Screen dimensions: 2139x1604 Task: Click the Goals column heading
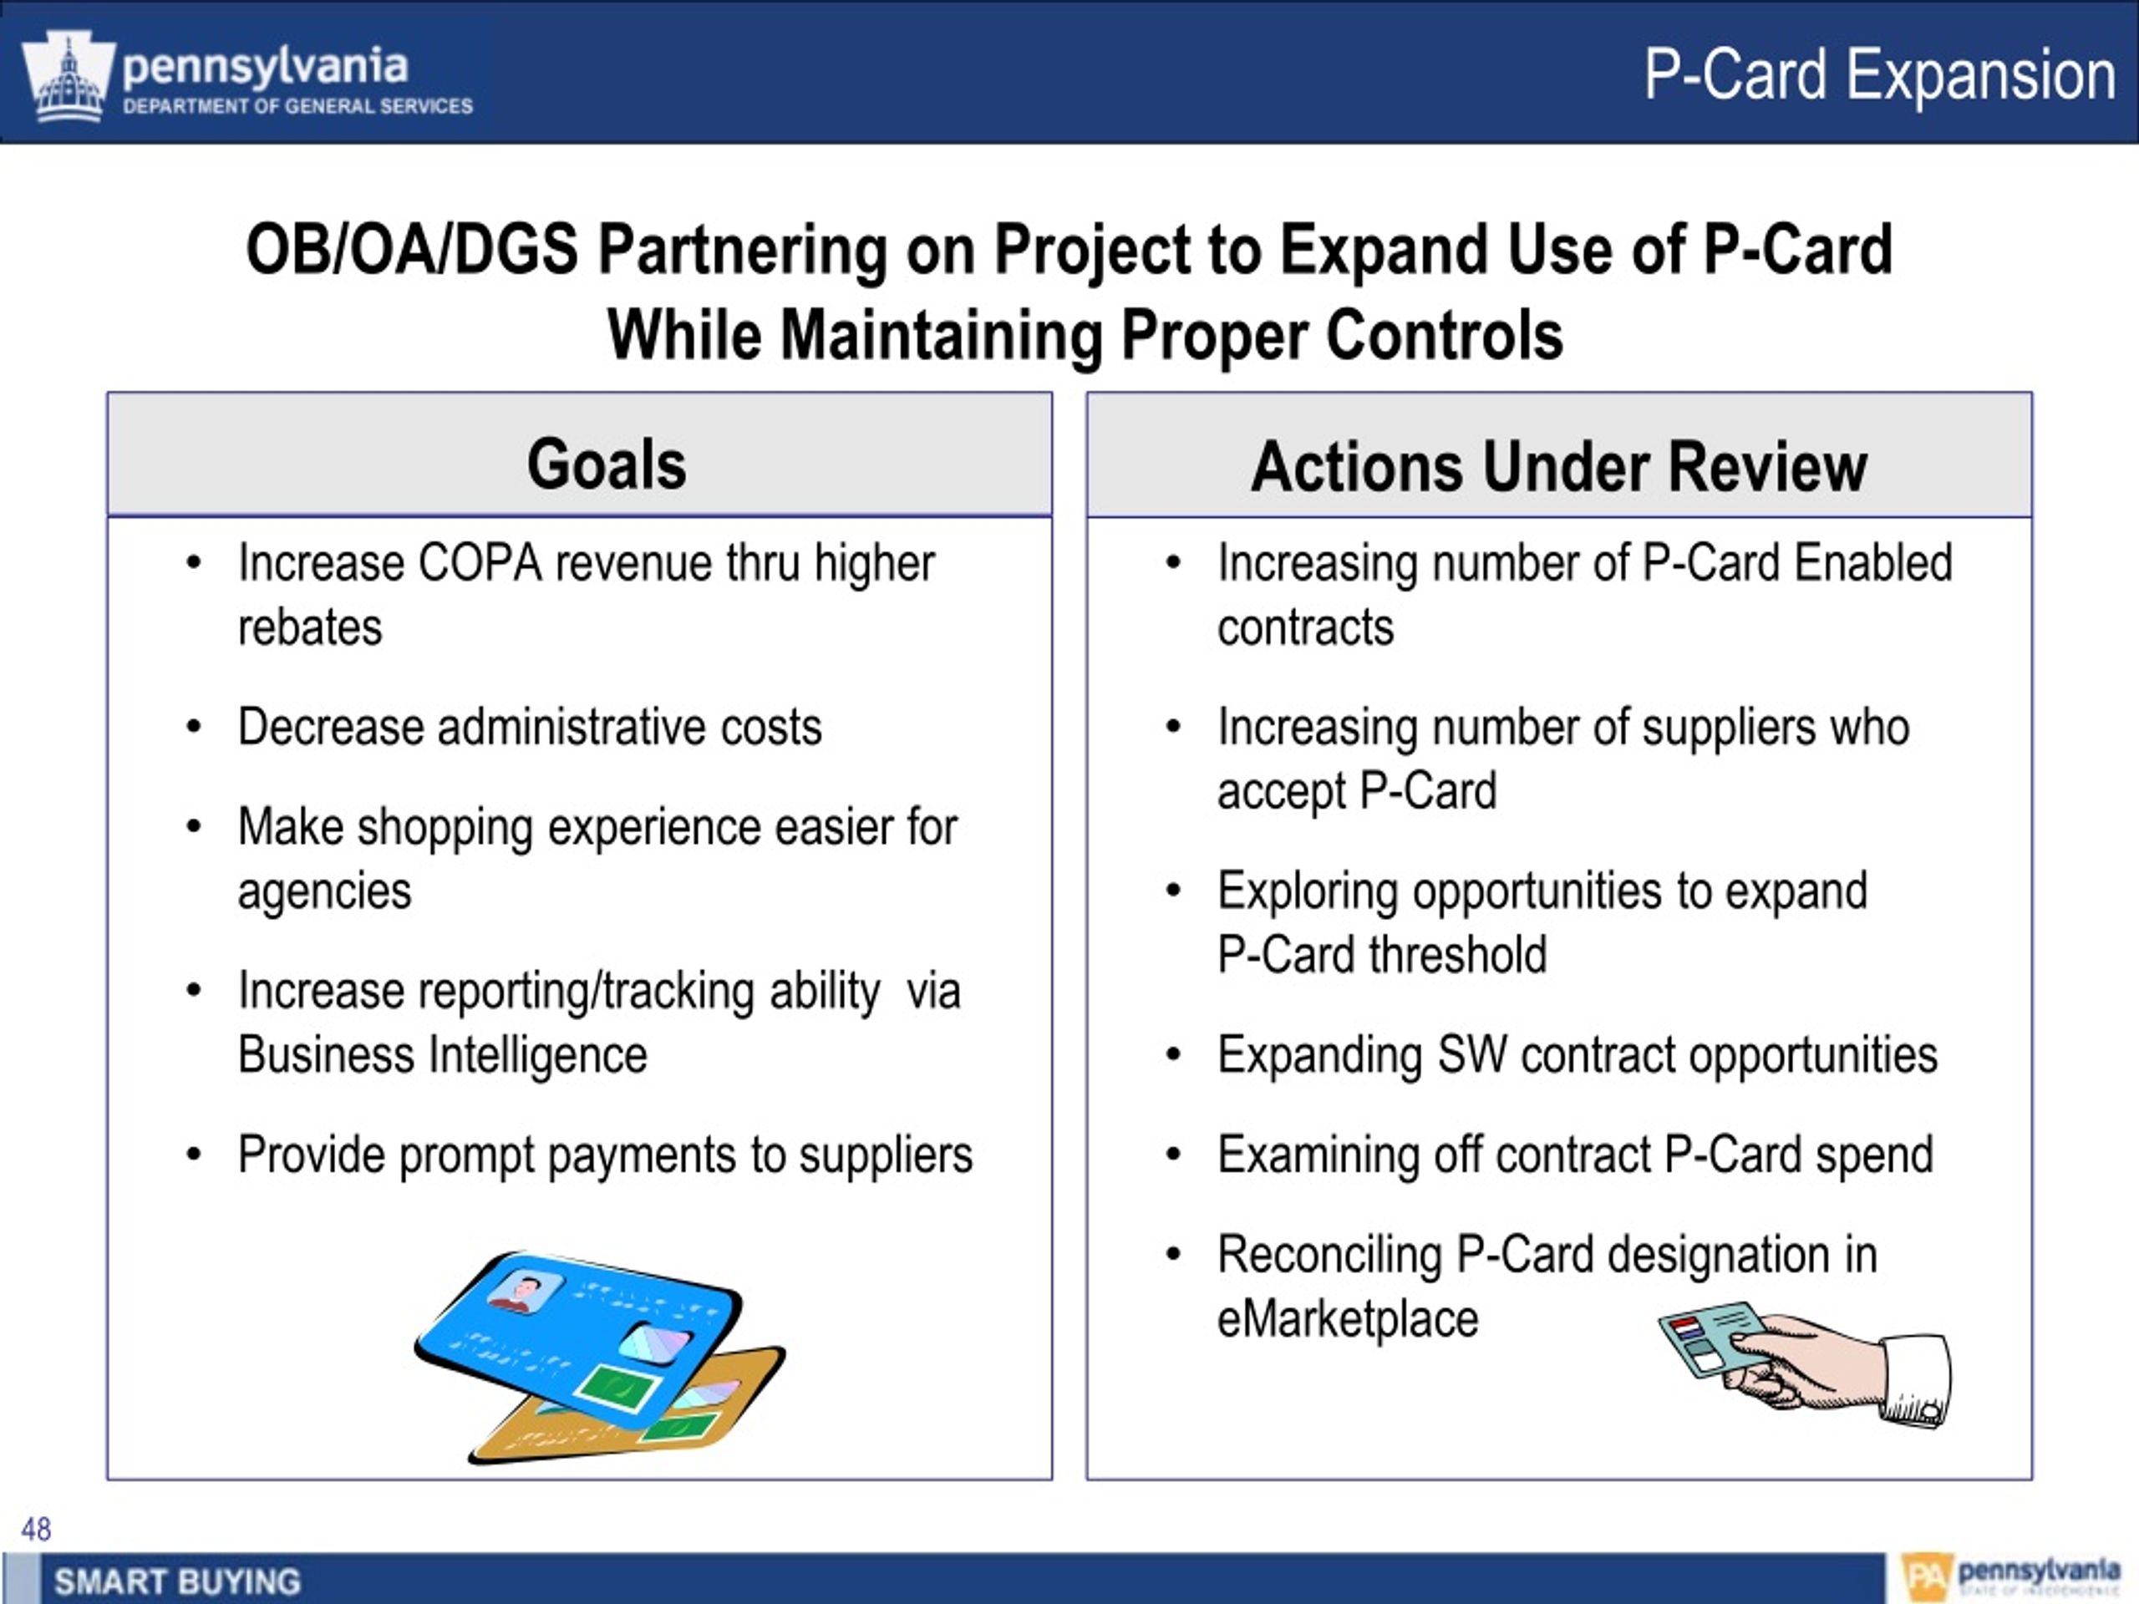tap(607, 464)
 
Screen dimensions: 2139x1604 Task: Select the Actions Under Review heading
tap(1559, 467)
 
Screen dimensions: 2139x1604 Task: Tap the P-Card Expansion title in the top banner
tap(1880, 74)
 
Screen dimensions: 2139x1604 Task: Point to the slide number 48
tap(36, 1529)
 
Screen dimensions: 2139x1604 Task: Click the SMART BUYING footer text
tap(177, 1581)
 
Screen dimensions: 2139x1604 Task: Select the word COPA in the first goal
tap(480, 563)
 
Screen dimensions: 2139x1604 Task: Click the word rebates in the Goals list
tap(309, 627)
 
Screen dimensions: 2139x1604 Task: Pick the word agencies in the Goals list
tap(324, 891)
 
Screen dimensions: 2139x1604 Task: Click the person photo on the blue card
tap(525, 1292)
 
